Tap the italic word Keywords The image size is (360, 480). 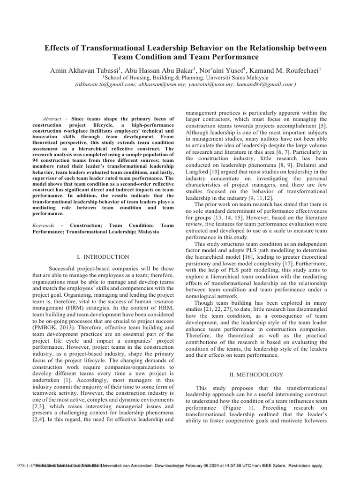[x=43, y=225]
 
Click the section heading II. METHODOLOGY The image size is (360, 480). [x=256, y=374]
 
